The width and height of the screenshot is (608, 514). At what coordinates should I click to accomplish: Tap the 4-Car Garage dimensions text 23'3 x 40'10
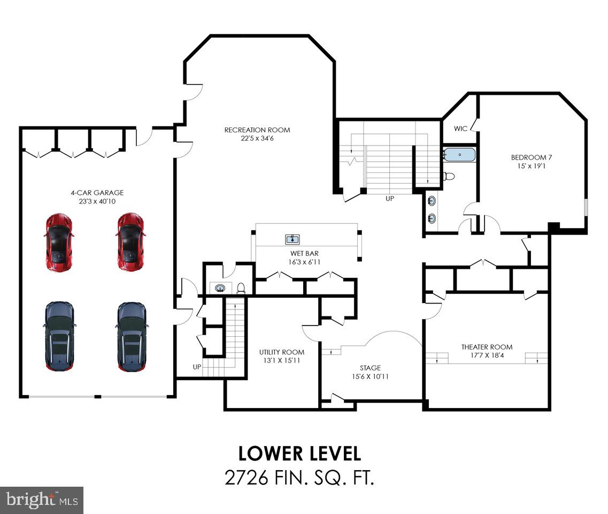97,202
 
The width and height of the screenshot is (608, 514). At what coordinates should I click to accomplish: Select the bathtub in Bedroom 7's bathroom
459,155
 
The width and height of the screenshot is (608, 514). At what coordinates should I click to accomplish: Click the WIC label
460,128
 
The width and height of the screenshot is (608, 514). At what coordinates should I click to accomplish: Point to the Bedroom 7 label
531,157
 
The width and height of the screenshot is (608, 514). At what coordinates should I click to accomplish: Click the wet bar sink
292,239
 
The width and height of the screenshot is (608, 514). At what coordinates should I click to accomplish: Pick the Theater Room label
487,347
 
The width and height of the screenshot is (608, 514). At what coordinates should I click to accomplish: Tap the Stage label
370,368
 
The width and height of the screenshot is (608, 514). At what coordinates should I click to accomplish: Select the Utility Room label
281,352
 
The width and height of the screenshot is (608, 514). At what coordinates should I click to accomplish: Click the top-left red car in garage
58,242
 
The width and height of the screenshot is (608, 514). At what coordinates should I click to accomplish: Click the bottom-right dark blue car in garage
131,337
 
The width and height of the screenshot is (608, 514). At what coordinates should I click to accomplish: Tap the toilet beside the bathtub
449,176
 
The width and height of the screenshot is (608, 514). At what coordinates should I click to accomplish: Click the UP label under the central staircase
390,198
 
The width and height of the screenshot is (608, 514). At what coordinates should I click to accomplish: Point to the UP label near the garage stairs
197,367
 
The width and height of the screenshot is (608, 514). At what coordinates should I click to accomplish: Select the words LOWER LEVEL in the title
299,453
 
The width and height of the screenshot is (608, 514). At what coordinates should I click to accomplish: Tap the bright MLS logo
41,500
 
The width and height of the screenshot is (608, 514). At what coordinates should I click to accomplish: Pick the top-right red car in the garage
130,242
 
